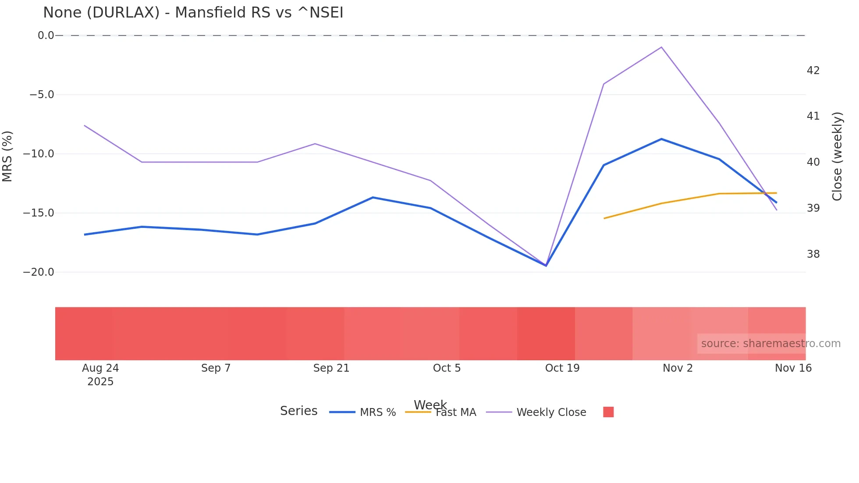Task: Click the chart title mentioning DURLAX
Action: point(193,13)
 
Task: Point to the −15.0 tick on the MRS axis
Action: point(39,213)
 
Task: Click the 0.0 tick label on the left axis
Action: point(46,36)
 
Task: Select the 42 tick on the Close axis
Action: point(813,71)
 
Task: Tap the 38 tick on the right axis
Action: point(813,254)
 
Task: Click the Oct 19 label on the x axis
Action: point(562,368)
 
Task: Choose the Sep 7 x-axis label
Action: point(216,368)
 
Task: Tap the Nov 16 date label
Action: point(793,368)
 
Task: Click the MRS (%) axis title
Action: point(7,156)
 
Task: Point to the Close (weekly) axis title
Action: point(837,156)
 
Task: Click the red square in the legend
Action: point(608,412)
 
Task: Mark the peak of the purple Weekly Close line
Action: point(661,47)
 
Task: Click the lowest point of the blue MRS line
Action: point(546,266)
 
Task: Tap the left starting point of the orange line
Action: point(604,218)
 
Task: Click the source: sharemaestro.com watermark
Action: point(770,344)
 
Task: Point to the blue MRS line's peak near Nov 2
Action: point(661,139)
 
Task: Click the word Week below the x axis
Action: point(430,405)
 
